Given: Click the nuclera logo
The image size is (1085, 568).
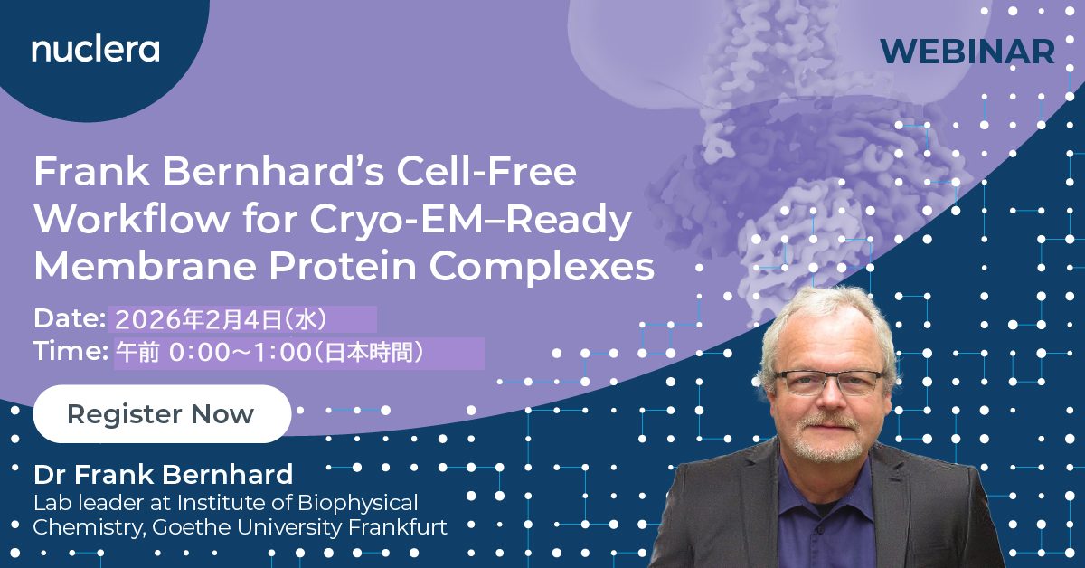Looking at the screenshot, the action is tap(96, 50).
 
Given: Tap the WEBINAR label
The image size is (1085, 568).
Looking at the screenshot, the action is tap(967, 52).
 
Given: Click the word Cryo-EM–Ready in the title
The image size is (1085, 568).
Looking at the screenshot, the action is tap(470, 221).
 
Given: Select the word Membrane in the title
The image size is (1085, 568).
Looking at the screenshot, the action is tap(146, 266).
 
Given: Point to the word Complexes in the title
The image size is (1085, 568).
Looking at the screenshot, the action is tap(542, 268).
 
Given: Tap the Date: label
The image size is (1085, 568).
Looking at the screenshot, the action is tap(70, 319).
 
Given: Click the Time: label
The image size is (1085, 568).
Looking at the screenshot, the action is tap(71, 350).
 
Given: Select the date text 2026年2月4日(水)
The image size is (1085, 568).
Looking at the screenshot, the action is tap(221, 320).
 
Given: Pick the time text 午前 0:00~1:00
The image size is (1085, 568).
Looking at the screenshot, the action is tap(213, 353).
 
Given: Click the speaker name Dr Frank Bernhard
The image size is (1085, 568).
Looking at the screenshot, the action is tap(164, 474).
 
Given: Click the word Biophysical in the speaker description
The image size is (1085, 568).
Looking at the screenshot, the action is tap(358, 504).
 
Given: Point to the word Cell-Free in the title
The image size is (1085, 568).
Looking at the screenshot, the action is tap(486, 171).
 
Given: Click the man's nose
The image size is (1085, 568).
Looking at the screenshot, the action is tap(830, 398).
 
